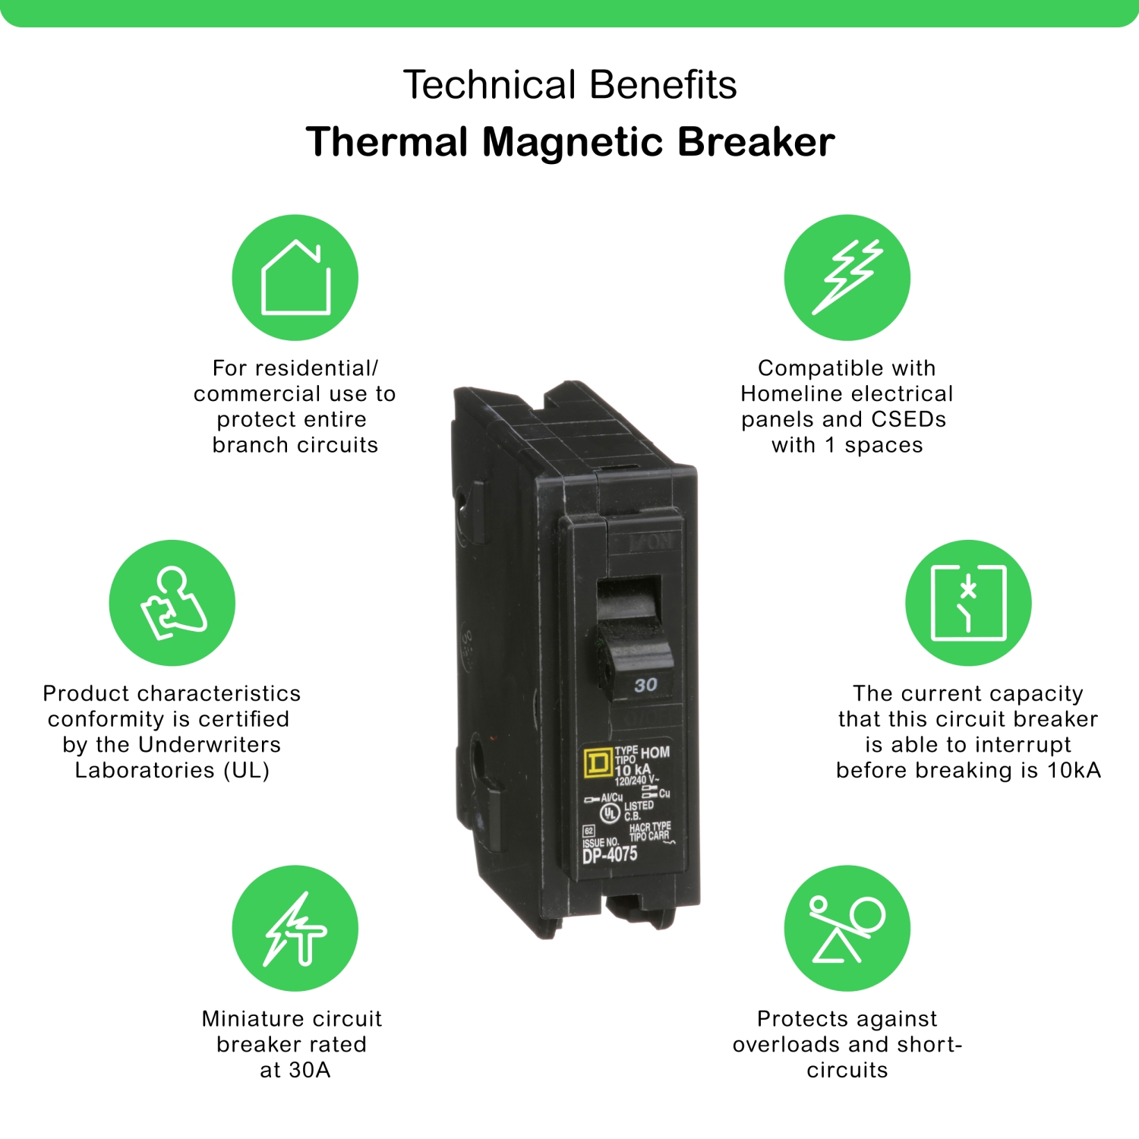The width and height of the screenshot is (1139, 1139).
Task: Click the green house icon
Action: pos(295,277)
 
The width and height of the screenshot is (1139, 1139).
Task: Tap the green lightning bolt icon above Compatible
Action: pos(847,277)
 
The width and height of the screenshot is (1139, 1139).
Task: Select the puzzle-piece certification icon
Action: pos(172,603)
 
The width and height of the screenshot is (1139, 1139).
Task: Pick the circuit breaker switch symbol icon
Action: pos(968,603)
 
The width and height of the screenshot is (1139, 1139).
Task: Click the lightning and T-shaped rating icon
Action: pos(295,928)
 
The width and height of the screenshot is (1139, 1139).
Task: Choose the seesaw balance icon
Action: pos(847,928)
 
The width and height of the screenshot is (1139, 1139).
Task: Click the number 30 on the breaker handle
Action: pos(645,685)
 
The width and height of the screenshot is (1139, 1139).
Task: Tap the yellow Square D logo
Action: pos(598,762)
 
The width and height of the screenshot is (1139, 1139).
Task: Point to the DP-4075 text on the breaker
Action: pos(610,855)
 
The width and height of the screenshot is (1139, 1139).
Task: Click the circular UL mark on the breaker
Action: pos(610,813)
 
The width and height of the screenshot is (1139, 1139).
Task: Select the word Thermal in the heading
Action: pos(387,142)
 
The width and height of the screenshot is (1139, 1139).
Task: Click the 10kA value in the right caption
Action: pos(1074,770)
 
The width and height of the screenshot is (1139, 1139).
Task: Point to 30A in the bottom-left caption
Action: pos(309,1070)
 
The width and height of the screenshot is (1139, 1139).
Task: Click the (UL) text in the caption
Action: pos(247,770)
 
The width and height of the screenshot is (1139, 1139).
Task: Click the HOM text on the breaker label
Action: pos(655,752)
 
